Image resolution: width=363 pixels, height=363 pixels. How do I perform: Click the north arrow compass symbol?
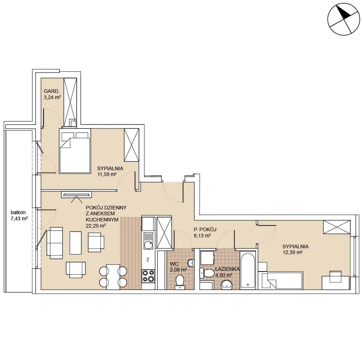coord(343,19)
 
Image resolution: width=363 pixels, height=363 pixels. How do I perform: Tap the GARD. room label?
coord(52,91)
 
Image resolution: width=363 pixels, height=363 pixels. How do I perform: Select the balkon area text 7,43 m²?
coord(19,218)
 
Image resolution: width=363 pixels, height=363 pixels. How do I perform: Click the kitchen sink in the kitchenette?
coord(148,241)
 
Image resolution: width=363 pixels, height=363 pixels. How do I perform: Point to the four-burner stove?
coord(148,276)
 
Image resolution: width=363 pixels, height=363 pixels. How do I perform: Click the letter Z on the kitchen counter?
coord(148,260)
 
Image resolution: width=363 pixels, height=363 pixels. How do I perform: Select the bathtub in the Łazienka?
coord(248,270)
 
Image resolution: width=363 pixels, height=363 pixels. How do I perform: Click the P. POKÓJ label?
coord(205,229)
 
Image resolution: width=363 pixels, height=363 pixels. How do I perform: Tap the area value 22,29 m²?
coord(96,225)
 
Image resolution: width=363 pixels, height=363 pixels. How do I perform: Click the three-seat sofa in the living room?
coord(55,243)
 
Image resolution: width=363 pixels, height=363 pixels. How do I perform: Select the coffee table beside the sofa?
coord(76,242)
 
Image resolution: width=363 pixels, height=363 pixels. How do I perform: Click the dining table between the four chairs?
coord(113,277)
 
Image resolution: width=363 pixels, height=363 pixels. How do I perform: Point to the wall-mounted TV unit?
coord(76,195)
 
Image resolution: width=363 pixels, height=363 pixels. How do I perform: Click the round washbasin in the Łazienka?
coord(227,285)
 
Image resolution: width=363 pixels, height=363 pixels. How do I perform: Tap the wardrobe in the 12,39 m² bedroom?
coord(337,227)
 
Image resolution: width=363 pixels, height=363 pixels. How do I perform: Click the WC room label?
coord(174,264)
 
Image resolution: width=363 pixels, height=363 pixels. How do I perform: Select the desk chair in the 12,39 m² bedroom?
coord(335,277)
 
